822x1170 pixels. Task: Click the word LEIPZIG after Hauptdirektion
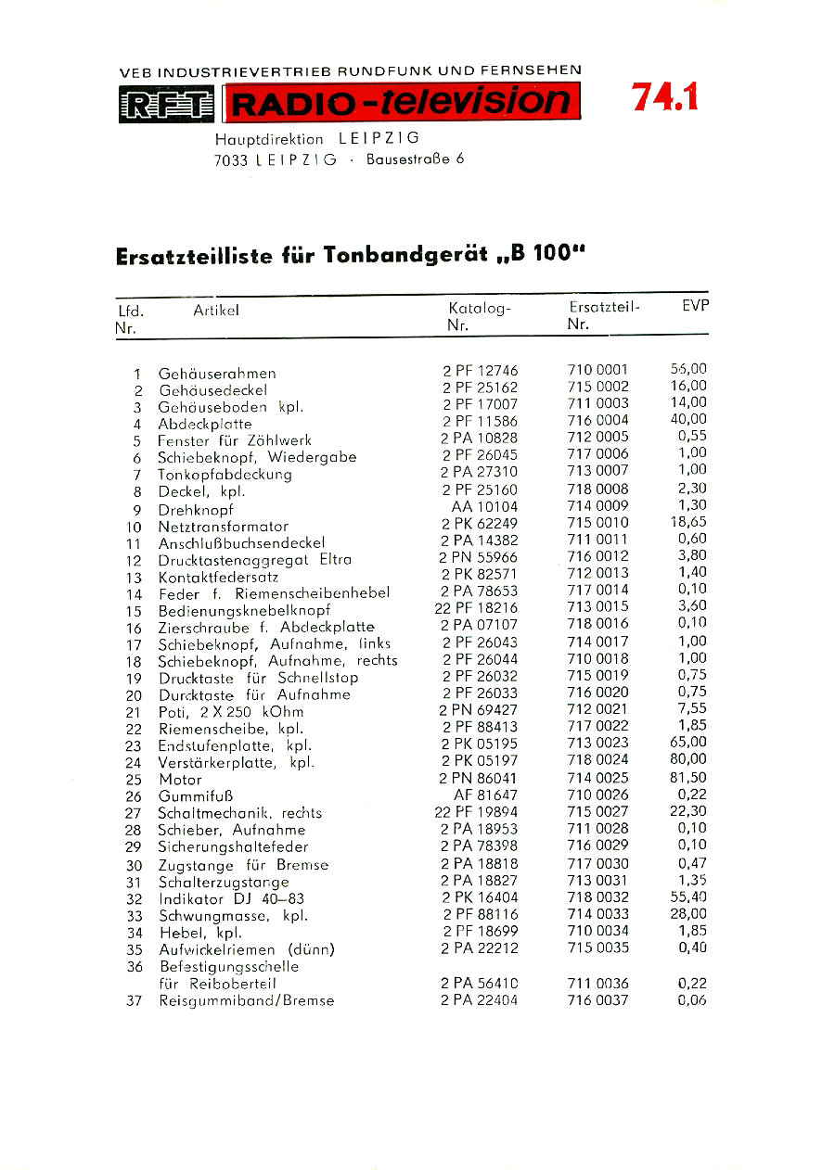coord(380,139)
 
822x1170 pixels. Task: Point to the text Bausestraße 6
coord(415,159)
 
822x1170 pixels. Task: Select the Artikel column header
coord(216,312)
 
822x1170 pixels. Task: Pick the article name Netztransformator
coord(224,527)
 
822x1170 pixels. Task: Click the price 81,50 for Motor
coord(687,778)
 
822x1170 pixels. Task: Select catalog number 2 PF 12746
coord(480,371)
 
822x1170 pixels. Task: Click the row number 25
coord(134,780)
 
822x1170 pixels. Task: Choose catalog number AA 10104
coord(484,507)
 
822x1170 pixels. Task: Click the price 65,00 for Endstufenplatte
coord(687,743)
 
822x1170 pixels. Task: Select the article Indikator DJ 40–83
coord(231,898)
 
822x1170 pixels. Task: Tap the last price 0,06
coord(692,1000)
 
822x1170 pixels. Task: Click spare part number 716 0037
coord(597,1000)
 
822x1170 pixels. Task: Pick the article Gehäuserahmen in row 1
coord(217,374)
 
